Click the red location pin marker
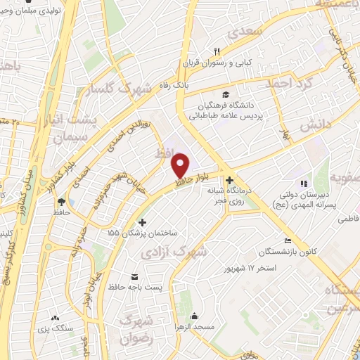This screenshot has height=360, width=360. tap(181, 165)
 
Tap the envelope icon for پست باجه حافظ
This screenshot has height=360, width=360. tap(134, 276)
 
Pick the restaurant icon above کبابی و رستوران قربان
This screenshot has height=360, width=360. tap(217, 51)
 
